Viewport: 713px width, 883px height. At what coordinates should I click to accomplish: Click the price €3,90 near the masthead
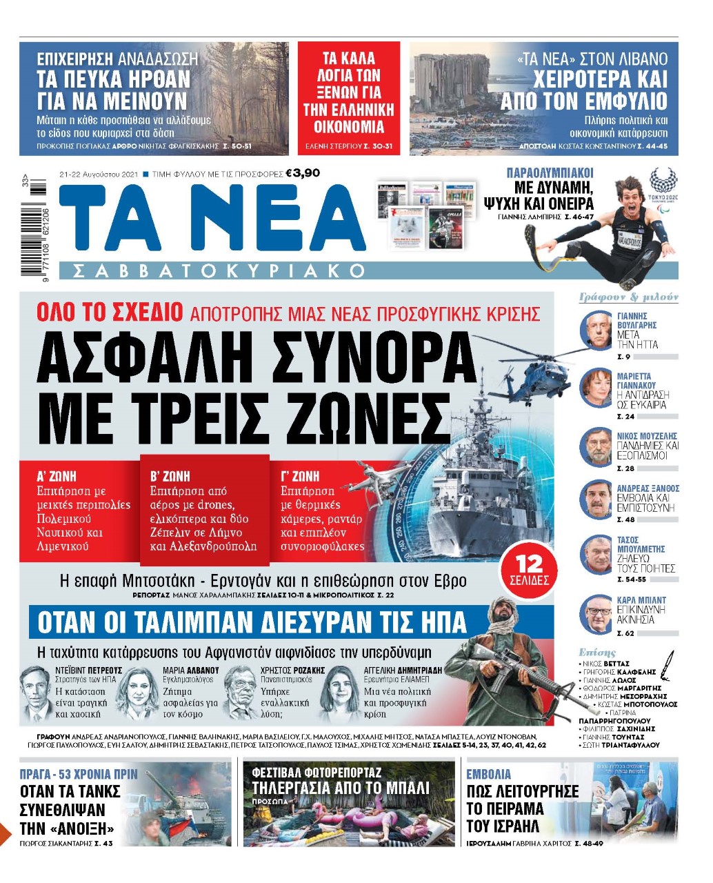click(302, 173)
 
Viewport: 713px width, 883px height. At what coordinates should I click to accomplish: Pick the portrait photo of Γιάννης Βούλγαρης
click(596, 331)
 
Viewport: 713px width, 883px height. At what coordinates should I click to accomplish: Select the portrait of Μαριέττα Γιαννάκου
click(596, 388)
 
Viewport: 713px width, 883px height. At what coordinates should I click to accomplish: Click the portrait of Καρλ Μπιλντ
click(596, 614)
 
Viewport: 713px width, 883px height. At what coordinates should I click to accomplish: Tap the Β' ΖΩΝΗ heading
click(170, 476)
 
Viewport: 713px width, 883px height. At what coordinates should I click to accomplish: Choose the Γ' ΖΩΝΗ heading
click(300, 476)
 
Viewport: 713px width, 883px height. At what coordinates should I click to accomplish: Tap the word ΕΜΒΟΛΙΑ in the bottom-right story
click(489, 774)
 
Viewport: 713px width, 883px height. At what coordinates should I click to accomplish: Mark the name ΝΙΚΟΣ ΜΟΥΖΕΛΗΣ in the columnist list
click(647, 436)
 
